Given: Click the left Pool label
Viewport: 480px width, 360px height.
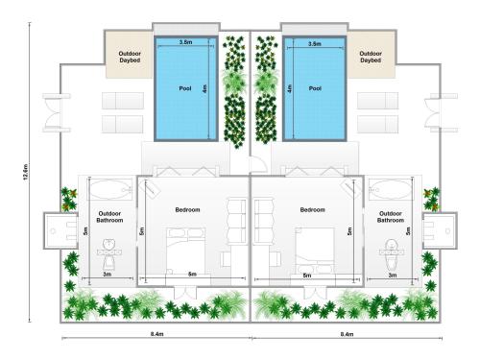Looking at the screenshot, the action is click(185, 88).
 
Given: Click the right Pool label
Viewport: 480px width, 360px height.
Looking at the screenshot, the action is click(315, 88).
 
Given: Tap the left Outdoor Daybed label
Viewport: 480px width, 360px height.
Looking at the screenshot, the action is click(130, 57).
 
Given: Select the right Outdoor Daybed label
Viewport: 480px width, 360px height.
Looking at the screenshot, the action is click(371, 57).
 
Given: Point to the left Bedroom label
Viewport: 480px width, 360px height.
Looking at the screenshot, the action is click(187, 210).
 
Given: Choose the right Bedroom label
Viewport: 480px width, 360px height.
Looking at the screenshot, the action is click(313, 210).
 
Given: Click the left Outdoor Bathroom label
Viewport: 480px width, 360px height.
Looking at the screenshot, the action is click(109, 217).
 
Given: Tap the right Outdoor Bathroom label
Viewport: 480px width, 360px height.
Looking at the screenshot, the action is click(391, 217).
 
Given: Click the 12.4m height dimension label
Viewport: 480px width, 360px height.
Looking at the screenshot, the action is click(26, 172).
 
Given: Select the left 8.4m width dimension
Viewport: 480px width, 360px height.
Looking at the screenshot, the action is click(157, 334).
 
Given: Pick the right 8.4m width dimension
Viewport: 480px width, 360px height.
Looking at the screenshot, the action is click(347, 334).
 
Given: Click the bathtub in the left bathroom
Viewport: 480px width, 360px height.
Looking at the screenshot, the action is click(110, 190).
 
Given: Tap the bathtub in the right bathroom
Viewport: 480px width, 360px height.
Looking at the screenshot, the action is click(391, 189).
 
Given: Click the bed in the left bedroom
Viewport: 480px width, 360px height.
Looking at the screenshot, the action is click(186, 251).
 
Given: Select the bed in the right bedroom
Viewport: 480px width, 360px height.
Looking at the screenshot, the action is click(315, 251).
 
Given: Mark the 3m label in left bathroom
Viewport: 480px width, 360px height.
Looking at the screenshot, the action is click(108, 275).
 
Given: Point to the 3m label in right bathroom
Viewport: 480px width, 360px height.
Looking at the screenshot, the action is click(393, 275).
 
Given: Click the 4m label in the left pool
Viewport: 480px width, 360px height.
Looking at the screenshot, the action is click(204, 88).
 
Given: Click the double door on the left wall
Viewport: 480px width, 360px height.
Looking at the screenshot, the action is click(55, 112).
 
